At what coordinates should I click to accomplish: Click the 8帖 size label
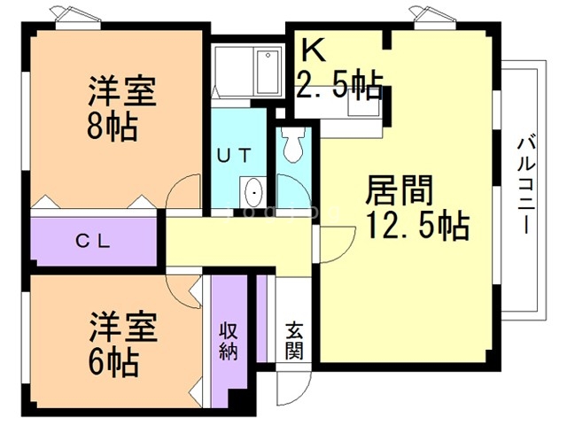(112, 127)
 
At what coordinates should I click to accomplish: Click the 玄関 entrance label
(294, 340)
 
